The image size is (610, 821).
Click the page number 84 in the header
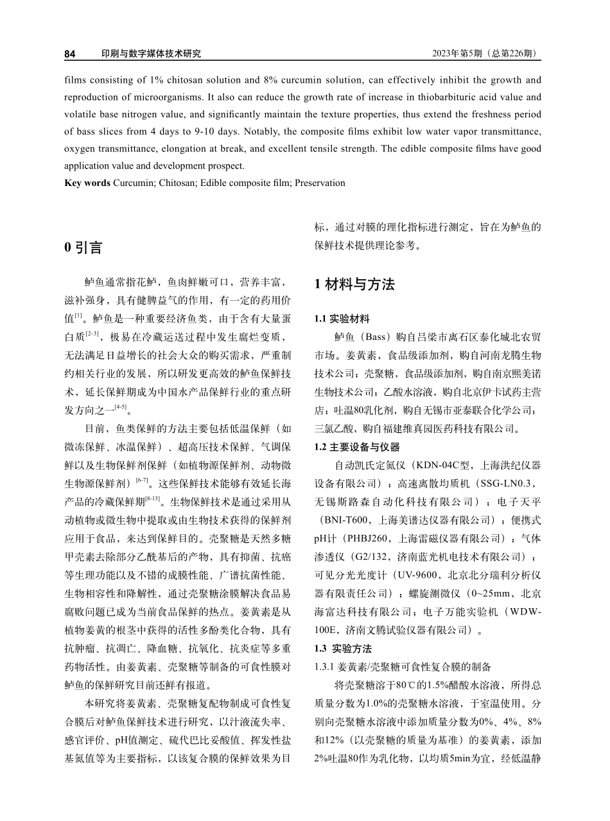pyautogui.click(x=70, y=54)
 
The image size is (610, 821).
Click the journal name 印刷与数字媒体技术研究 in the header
pyautogui.click(x=151, y=54)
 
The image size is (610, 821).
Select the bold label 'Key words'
pyautogui.click(x=88, y=183)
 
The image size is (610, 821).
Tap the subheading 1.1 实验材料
pyautogui.click(x=342, y=319)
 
